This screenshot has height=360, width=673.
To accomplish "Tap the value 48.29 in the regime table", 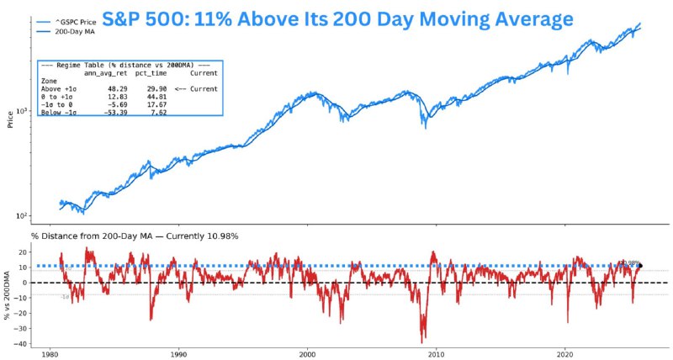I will coord(115,88).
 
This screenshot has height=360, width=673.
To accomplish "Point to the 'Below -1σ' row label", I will coord(59,112).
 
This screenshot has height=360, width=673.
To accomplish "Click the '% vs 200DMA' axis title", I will coord(9,294).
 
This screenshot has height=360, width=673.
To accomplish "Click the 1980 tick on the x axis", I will coord(49,354).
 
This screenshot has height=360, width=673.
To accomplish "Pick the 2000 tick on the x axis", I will coord(307,354).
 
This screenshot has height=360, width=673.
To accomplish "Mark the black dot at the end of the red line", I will coord(640,266).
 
